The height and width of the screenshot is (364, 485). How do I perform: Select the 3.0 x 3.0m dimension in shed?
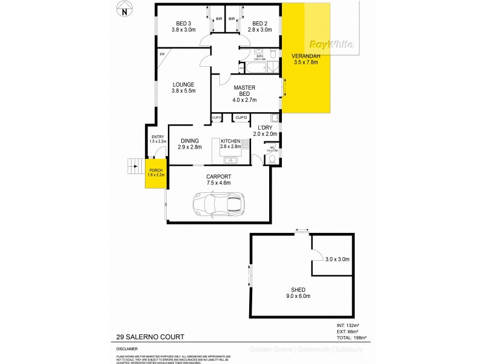pos(336,259)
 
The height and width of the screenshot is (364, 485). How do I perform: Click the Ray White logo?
pos(332,44)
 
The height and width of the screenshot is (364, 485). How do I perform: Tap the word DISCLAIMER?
pos(127,349)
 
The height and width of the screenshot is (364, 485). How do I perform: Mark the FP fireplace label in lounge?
pos(162,55)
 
